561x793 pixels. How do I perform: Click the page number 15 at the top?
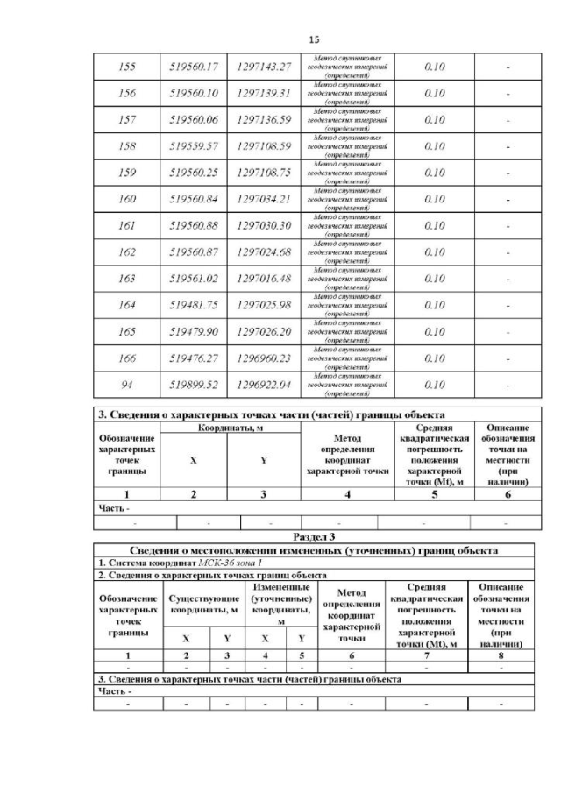(316, 39)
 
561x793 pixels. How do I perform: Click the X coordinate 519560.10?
(193, 92)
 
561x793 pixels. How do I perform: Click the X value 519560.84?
(193, 198)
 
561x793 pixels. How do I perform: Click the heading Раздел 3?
(315, 535)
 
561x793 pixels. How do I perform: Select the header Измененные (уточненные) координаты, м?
(277, 603)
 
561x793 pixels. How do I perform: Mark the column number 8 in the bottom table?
(503, 655)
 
